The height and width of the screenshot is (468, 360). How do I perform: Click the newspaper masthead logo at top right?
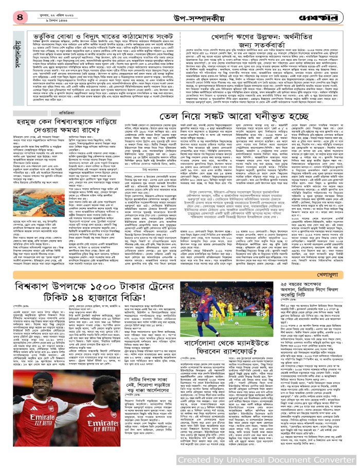[x=329, y=10]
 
